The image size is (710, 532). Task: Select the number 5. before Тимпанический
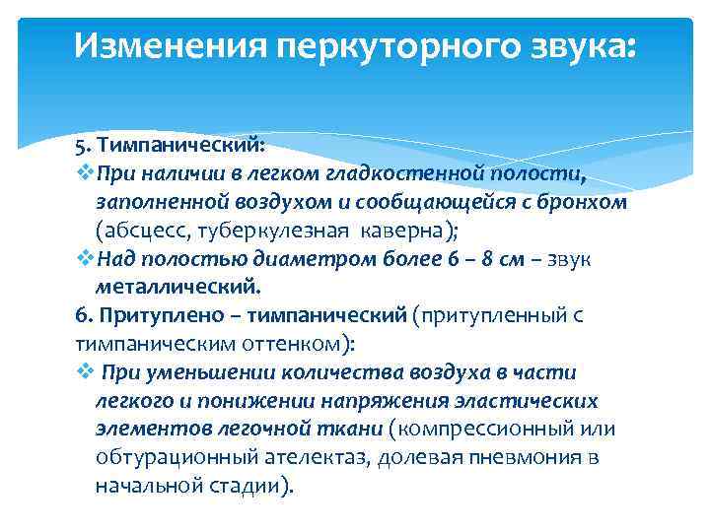coord(82,146)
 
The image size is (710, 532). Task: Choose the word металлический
coord(178,287)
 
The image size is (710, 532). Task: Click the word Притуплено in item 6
coord(151,315)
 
